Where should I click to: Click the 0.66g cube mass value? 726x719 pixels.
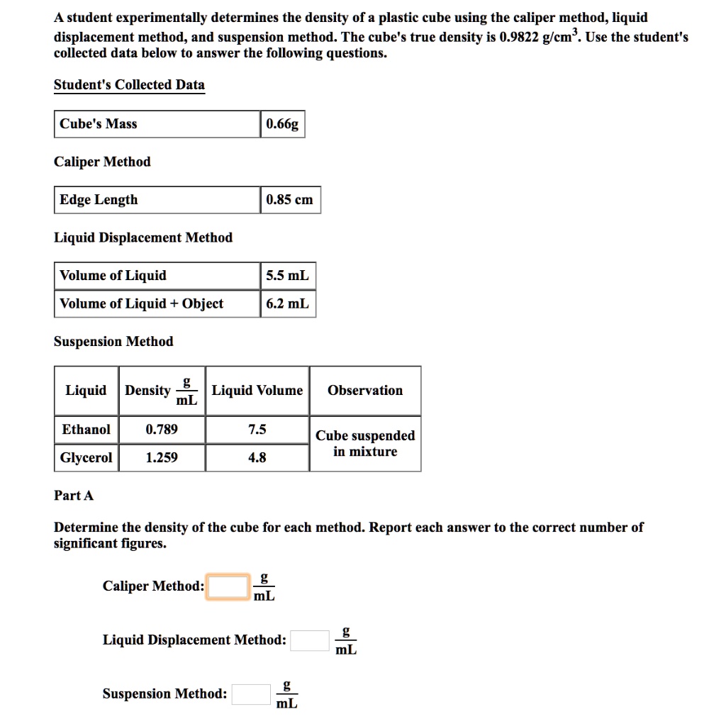(x=282, y=124)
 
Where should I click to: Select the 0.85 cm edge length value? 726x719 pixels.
(x=289, y=200)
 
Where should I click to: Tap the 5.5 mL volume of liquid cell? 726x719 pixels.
(x=287, y=276)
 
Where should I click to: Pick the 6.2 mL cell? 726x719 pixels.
(x=287, y=304)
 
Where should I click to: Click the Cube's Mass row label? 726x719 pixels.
(x=99, y=124)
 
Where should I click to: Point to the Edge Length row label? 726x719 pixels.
(x=99, y=200)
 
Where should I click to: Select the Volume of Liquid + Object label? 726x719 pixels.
(x=141, y=304)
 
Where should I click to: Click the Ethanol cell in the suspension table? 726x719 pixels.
(x=86, y=430)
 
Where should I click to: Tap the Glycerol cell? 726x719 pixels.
(x=86, y=458)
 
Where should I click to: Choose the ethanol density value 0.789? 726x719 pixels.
(x=162, y=430)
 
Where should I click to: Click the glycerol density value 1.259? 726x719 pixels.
(x=162, y=458)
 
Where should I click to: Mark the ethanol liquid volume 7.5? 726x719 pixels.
(x=257, y=430)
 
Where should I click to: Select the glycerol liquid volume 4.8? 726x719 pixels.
(x=257, y=458)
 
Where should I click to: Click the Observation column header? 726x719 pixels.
(x=365, y=391)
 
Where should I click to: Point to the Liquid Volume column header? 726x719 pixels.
(x=257, y=391)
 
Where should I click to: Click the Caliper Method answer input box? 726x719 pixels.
(x=228, y=586)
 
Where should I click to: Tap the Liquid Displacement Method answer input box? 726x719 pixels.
(x=310, y=640)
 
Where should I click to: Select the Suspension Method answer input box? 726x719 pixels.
(x=251, y=694)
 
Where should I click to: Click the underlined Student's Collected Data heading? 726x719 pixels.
(x=129, y=85)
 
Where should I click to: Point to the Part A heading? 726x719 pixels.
(x=74, y=496)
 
